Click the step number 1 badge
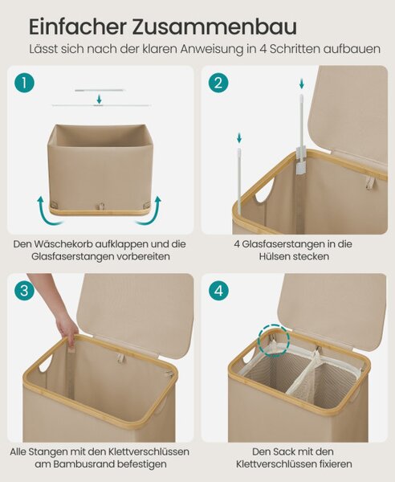tap(25, 83)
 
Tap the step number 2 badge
tap(218, 83)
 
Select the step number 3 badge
tap(25, 291)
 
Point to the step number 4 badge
tap(218, 291)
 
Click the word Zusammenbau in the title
tap(214, 27)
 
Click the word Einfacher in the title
tap(77, 27)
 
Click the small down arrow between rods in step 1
tap(99, 100)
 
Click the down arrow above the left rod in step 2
tap(239, 137)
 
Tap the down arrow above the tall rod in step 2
tap(302, 84)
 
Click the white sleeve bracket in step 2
tap(301, 161)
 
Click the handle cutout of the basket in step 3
tap(46, 366)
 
